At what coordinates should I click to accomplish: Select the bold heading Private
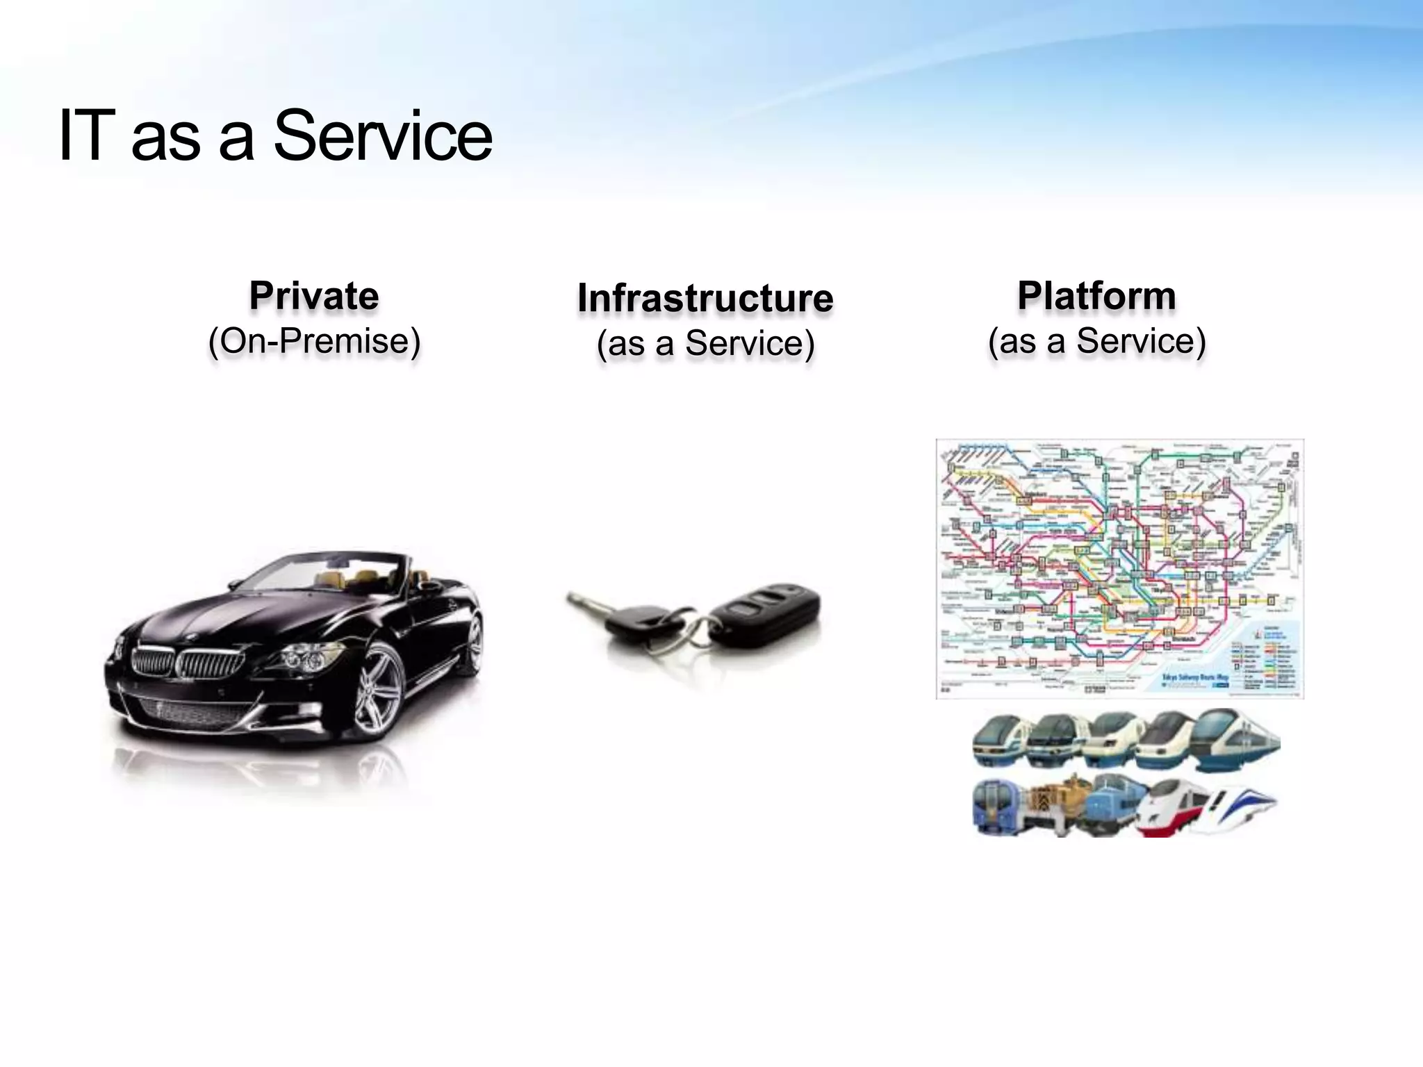(x=314, y=296)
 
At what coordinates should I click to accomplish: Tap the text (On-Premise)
(x=314, y=341)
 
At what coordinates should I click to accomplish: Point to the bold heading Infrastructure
(x=705, y=298)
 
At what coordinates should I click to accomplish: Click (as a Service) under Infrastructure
(x=705, y=343)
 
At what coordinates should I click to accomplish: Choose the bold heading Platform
(x=1096, y=296)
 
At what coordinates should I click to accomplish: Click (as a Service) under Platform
(x=1096, y=341)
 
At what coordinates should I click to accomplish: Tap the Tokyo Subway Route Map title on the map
(x=1195, y=677)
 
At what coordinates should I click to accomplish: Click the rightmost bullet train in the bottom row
(x=1240, y=809)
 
